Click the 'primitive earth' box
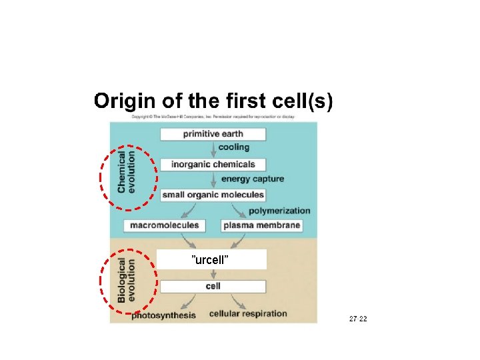(213, 134)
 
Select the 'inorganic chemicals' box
(213, 164)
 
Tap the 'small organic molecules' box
(213, 195)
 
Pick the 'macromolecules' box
(165, 225)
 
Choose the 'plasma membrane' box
(262, 225)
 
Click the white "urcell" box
(211, 259)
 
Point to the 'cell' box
(213, 286)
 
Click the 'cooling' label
(234, 147)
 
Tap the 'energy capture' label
(253, 179)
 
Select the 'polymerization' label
(279, 211)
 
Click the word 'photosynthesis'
(163, 315)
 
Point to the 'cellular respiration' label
(248, 313)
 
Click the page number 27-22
(358, 319)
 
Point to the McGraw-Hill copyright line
(213, 117)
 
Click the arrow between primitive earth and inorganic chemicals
(213, 149)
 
